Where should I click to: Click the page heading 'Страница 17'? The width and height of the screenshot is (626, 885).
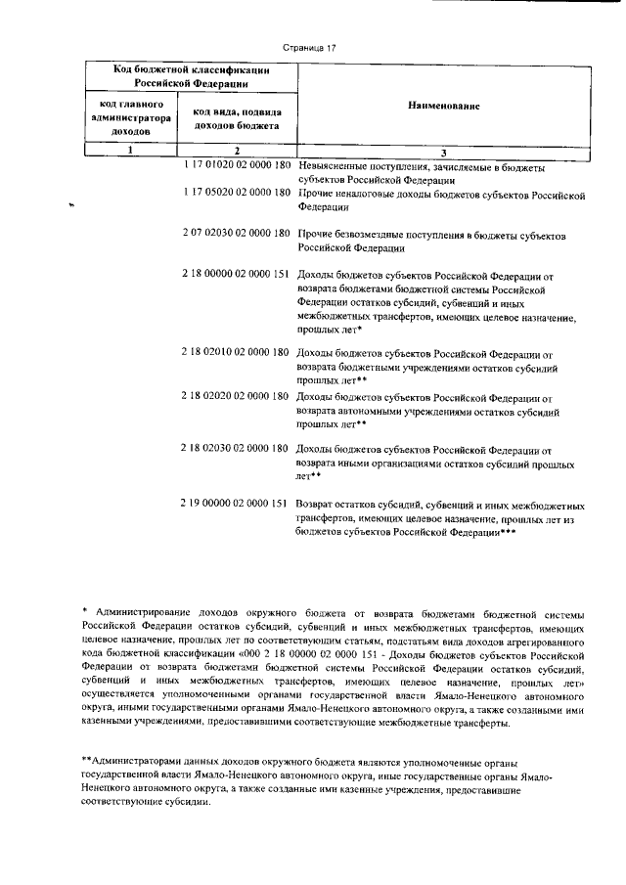[x=309, y=45]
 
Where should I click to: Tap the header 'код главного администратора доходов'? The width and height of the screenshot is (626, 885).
[x=131, y=116]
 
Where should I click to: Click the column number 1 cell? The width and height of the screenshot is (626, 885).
[x=131, y=151]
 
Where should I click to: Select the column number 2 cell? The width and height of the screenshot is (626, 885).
[x=238, y=151]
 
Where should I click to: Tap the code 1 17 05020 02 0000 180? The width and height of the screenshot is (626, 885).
[x=237, y=193]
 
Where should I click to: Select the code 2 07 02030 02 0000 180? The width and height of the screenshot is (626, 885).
[x=237, y=236]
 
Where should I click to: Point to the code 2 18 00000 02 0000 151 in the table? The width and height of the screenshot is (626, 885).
[x=237, y=277]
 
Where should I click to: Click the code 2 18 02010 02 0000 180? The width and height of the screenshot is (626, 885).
[x=237, y=352]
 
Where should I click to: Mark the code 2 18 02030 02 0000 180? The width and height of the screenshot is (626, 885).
[x=237, y=448]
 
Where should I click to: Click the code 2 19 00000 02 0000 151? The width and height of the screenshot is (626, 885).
[x=237, y=504]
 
